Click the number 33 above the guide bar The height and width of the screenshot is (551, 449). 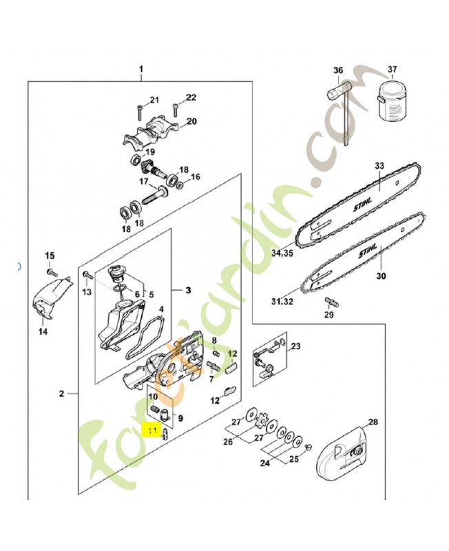click(x=378, y=165)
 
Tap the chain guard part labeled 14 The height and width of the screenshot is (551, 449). click(x=50, y=300)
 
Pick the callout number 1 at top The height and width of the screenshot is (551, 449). click(x=141, y=70)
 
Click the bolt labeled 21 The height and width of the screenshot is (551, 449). click(x=140, y=110)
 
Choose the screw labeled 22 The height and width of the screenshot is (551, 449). click(x=176, y=107)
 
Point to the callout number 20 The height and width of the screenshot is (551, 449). click(x=191, y=121)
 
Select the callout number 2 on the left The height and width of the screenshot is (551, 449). click(x=61, y=394)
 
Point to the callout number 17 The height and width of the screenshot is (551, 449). click(x=144, y=182)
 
